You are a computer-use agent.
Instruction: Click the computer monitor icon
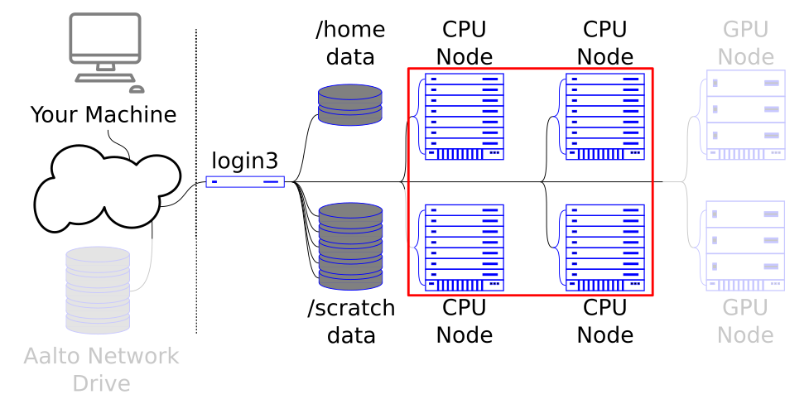[x=104, y=46]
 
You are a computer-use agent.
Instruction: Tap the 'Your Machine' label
[x=104, y=114]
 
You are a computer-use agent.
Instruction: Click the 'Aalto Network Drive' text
[x=101, y=370]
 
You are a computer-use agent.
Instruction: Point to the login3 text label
[x=245, y=161]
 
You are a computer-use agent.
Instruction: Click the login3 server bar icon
[x=245, y=182]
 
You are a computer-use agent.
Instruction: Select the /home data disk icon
[x=350, y=103]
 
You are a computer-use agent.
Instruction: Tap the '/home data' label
[x=350, y=43]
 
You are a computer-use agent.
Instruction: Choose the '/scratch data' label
[x=350, y=322]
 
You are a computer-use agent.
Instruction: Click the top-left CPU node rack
[x=464, y=117]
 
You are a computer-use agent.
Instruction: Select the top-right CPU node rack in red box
[x=604, y=117]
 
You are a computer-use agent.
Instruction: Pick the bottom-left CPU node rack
[x=464, y=248]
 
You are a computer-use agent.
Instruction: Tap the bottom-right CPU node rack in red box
[x=604, y=248]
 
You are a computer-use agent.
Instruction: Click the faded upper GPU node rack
[x=745, y=117]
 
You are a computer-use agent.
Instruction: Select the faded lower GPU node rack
[x=745, y=246]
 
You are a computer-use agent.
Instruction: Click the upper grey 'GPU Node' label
[x=745, y=43]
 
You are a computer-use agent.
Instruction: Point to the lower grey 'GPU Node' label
[x=745, y=322]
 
